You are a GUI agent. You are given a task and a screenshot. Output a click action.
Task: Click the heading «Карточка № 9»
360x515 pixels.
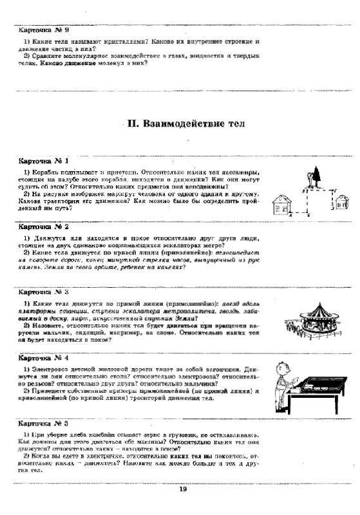point(44,30)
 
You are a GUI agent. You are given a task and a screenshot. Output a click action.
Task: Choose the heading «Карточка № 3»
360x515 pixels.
point(44,292)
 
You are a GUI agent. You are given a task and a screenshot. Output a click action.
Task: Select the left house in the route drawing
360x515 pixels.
point(283,205)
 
